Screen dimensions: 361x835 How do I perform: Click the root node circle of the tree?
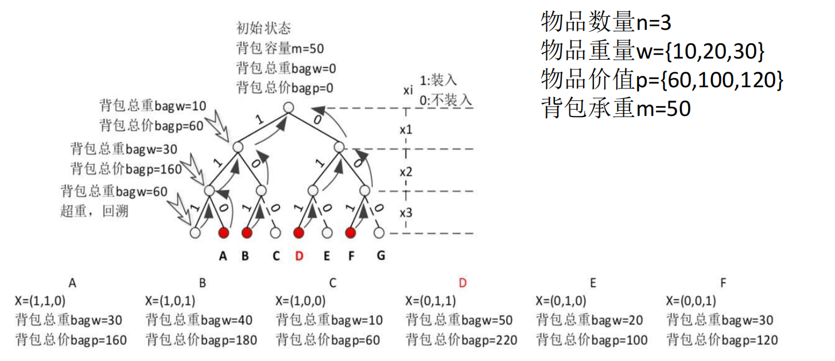[289, 107]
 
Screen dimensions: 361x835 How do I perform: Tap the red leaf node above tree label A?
[224, 233]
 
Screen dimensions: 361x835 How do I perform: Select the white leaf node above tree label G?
[378, 233]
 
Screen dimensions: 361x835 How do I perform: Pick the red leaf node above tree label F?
[350, 233]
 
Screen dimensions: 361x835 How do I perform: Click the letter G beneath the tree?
[380, 256]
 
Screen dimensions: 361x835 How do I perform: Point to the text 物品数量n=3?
[606, 23]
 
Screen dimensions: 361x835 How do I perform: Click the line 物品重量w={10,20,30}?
[653, 52]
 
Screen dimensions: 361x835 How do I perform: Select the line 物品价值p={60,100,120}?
[662, 80]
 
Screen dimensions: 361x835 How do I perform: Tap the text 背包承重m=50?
[616, 108]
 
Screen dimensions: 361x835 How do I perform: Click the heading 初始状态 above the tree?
[264, 28]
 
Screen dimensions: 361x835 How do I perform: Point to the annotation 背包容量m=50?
[279, 48]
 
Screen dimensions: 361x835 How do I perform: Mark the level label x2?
[406, 172]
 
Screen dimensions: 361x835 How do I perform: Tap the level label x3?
[406, 212]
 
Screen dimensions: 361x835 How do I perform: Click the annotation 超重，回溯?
[94, 211]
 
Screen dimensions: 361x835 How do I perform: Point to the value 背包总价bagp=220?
[461, 340]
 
